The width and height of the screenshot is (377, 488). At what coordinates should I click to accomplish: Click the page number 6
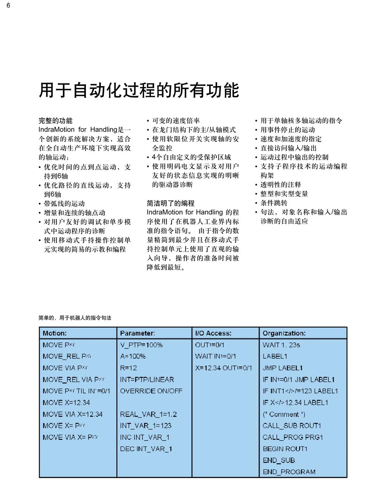click(8, 5)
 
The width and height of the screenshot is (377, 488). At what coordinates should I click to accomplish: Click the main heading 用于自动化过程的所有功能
click(139, 90)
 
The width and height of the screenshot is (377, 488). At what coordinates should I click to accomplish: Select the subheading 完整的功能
click(55, 121)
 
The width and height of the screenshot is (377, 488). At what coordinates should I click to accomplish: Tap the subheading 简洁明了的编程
click(170, 203)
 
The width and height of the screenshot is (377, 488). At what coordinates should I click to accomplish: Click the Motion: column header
click(55, 333)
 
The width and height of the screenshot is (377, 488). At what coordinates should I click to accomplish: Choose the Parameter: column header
click(137, 333)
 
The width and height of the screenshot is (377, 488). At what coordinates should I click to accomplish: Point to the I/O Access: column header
click(213, 333)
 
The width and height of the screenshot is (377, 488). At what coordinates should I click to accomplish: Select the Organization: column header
click(284, 333)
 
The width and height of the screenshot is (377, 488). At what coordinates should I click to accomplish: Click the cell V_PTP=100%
click(141, 345)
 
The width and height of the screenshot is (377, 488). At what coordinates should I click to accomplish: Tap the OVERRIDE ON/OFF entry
click(151, 391)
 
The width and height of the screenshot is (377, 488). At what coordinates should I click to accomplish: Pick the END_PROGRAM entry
click(289, 472)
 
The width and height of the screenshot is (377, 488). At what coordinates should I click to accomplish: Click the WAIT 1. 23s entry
click(281, 345)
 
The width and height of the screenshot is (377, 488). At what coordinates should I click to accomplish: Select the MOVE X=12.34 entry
click(66, 402)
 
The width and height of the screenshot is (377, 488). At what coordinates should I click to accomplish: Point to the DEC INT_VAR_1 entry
click(146, 449)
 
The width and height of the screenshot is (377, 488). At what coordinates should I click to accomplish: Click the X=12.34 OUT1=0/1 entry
click(223, 368)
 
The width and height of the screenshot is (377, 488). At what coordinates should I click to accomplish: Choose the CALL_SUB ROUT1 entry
click(291, 425)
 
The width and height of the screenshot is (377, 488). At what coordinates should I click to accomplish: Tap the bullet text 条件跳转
click(274, 203)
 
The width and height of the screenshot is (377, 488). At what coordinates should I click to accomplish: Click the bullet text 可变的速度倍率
click(176, 121)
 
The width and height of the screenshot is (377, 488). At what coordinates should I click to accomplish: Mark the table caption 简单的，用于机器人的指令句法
click(75, 318)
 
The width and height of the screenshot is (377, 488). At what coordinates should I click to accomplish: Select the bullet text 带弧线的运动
click(64, 204)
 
